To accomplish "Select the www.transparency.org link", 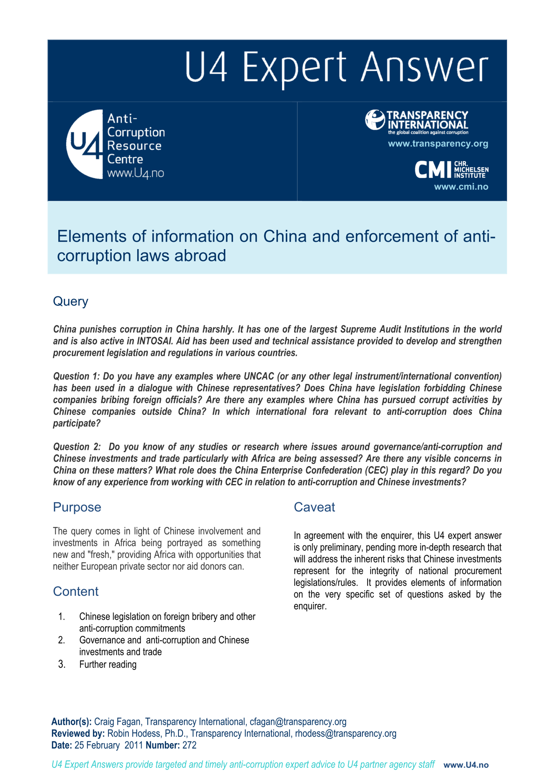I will coord(438,144).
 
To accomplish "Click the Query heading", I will coord(70,301).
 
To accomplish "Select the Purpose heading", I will coord(77,507).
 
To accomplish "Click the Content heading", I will coord(75,591).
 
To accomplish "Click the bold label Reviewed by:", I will coord(78,734).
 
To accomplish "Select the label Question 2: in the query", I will coord(77,447).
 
